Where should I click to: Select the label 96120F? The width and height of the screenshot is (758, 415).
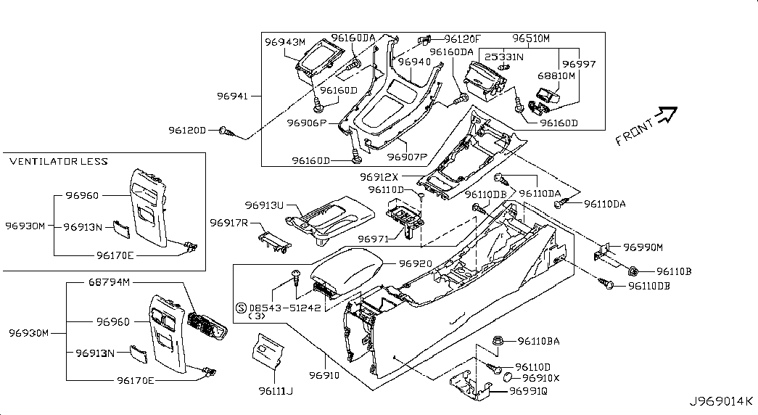[462, 38]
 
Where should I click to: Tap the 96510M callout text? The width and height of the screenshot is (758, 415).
[532, 38]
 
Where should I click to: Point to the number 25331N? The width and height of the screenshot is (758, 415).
[505, 57]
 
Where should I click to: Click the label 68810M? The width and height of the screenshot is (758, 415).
[556, 75]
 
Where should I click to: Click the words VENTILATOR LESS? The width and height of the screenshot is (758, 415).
[59, 161]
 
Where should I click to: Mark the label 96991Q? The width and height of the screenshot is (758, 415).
[528, 391]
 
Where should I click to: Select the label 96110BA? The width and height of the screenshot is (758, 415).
[537, 340]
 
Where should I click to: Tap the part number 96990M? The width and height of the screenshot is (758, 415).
[643, 247]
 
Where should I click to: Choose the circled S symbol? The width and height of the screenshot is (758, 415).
[240, 307]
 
